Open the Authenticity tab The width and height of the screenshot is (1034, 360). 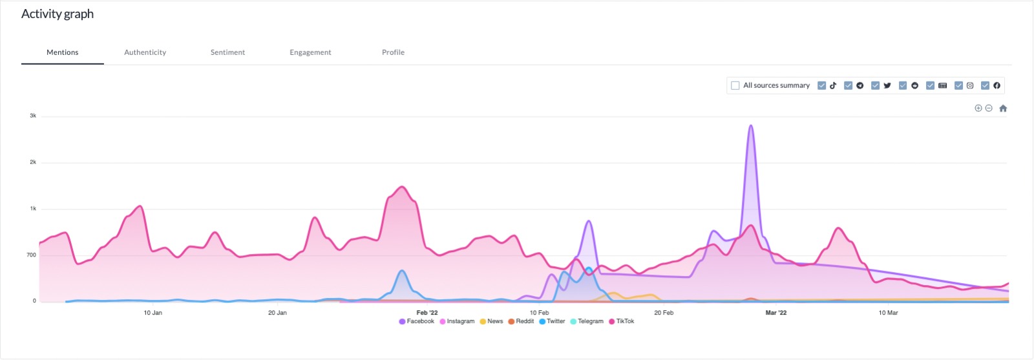coord(145,52)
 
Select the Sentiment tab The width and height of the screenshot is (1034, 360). coord(227,52)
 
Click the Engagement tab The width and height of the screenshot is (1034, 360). coord(310,52)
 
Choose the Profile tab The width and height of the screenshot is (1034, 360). coord(393,52)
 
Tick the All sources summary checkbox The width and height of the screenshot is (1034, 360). coord(735,85)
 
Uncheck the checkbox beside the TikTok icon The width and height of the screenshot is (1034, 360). coord(821,85)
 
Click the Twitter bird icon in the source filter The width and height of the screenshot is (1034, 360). coord(887,85)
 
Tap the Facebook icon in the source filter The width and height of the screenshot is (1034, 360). coord(997,85)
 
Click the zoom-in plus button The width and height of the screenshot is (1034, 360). coord(978,109)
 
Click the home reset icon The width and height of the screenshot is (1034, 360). coord(1003,109)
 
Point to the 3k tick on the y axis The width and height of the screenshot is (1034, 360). coord(33,116)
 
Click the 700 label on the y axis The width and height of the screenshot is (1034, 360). coord(31,255)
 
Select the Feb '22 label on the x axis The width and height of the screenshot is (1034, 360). coord(427,313)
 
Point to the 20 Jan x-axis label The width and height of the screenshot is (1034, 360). coord(277,313)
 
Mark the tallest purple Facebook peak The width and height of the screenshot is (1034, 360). coord(750,125)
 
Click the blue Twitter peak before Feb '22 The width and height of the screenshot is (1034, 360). coord(402,271)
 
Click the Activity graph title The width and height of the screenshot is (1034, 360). coord(58,14)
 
